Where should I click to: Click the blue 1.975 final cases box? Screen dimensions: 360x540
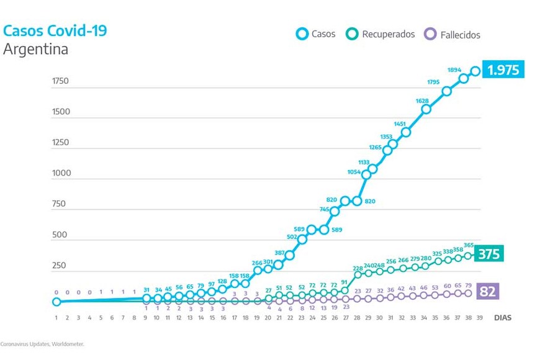[x=503, y=70]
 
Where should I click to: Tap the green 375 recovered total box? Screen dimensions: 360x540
[x=488, y=253]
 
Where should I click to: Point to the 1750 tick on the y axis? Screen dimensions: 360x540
[x=61, y=82]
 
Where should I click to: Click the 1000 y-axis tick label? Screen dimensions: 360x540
[x=61, y=173]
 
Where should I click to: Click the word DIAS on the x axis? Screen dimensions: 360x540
[x=503, y=317]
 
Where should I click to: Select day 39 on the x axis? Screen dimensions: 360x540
[x=479, y=317]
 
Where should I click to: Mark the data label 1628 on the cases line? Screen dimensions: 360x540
[x=421, y=101]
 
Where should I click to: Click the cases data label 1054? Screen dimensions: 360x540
[x=354, y=172]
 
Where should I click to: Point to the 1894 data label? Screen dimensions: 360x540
[x=454, y=70]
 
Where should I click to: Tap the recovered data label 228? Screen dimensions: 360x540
[x=358, y=269]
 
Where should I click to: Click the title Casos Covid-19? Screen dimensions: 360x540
[x=55, y=30]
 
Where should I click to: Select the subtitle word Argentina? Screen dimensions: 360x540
[x=35, y=50]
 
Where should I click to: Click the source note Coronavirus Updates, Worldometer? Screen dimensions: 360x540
[x=42, y=344]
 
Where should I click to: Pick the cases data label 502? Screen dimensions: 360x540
[x=292, y=236]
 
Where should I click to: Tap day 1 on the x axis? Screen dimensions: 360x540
[x=56, y=317]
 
